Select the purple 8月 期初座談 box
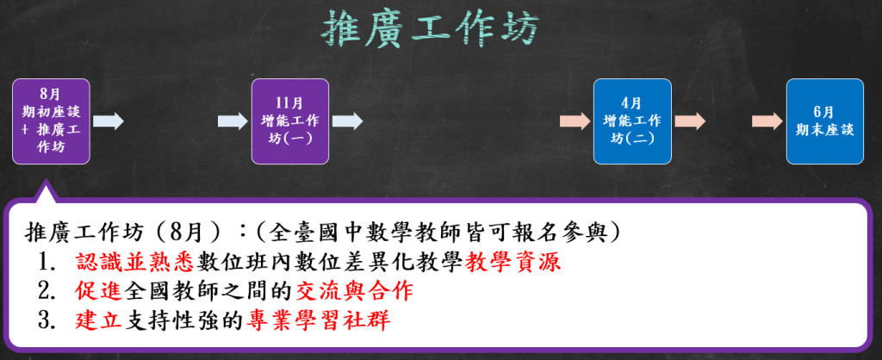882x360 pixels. (51, 121)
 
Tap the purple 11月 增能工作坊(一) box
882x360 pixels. (289, 121)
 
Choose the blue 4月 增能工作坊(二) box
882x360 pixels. (632, 121)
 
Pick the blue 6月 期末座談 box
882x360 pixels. (824, 121)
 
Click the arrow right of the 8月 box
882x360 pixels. (108, 121)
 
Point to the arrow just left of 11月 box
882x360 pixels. (233, 121)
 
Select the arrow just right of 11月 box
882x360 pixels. (347, 121)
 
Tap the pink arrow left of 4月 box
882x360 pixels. (575, 121)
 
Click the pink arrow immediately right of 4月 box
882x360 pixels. (690, 121)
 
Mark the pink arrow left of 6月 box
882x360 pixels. (767, 121)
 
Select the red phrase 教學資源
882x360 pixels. (513, 262)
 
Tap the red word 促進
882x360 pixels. (98, 291)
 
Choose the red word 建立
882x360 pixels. (98, 320)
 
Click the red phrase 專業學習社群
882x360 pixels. (318, 320)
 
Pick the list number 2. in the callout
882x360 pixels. (47, 292)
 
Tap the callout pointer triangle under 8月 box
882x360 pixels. (46, 192)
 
